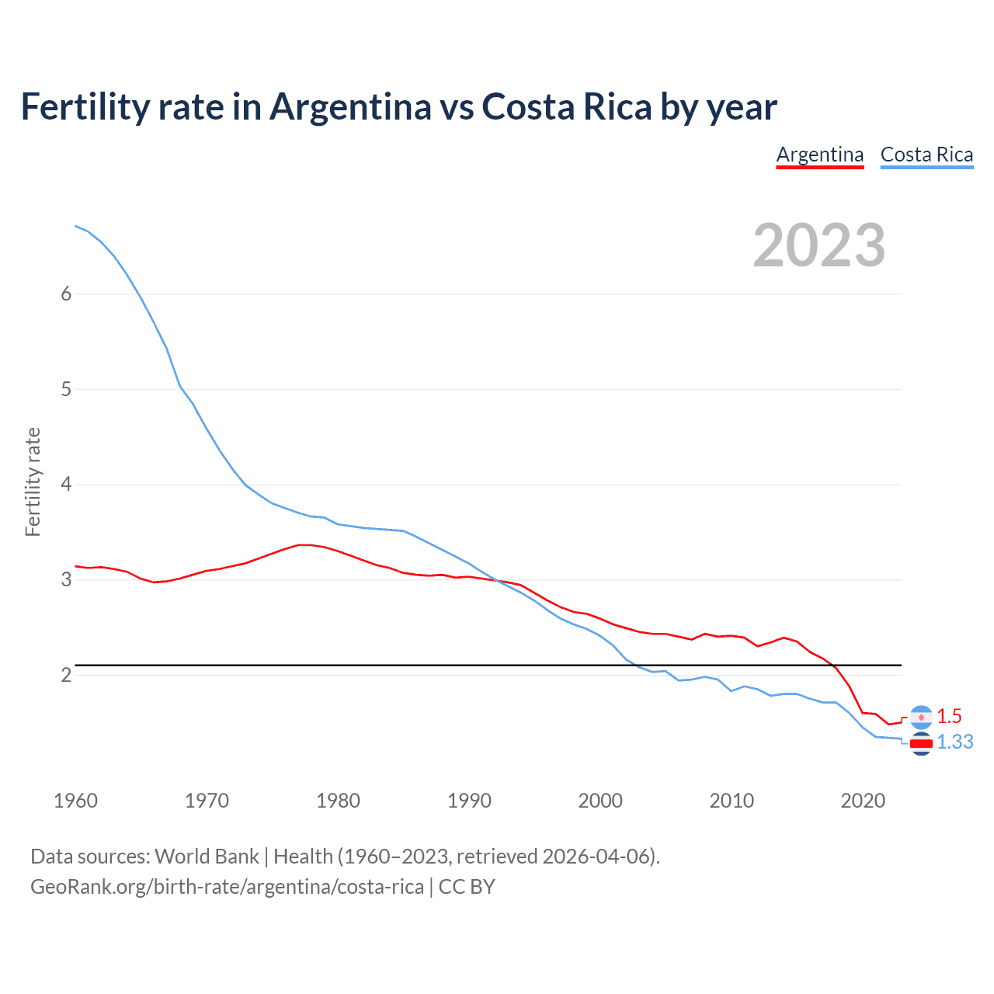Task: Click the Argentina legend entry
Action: [x=820, y=155]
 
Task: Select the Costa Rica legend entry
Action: [x=926, y=155]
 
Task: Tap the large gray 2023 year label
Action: [x=818, y=245]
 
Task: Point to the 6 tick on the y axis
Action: [x=66, y=294]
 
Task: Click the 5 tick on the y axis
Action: [x=66, y=389]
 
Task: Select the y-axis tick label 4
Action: [x=66, y=485]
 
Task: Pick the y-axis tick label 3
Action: [x=66, y=580]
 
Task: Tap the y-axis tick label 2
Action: [x=66, y=675]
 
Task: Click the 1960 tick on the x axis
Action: [x=75, y=801]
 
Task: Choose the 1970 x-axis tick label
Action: [x=207, y=801]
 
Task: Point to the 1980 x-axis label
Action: [x=338, y=801]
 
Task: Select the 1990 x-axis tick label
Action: [x=469, y=801]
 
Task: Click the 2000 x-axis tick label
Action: [x=600, y=801]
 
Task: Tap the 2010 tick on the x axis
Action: [x=732, y=801]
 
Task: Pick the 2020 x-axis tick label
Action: [x=863, y=801]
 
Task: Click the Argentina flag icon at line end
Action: [x=921, y=717]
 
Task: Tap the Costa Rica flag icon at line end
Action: [x=921, y=743]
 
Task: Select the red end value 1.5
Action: [x=949, y=716]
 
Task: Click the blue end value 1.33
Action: [x=954, y=742]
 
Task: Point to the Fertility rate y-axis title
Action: [x=33, y=481]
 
